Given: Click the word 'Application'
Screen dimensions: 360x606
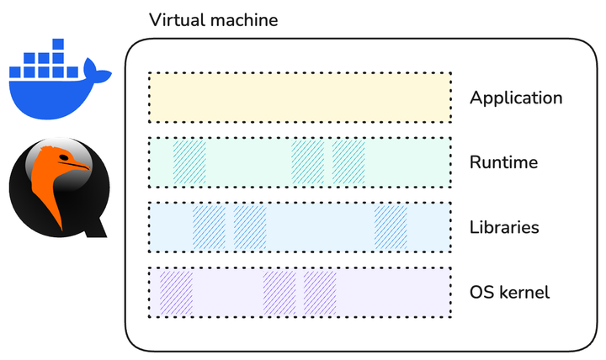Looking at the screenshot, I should click(515, 98).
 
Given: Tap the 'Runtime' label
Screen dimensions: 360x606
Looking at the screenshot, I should click(503, 162).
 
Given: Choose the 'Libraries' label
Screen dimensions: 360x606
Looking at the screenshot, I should click(504, 227).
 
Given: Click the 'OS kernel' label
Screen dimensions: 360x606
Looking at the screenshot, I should click(509, 293).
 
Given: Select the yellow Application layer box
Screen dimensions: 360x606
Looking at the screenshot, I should click(300, 98).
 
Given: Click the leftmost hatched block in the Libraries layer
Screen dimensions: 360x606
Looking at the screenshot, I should click(209, 227).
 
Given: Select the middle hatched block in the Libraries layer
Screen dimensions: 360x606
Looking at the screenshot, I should click(250, 227).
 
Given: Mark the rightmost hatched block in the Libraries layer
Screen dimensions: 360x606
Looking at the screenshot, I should click(391, 227).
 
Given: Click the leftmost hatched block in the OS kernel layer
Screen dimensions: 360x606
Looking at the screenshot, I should click(177, 293).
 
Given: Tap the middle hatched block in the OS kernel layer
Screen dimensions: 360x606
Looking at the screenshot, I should click(279, 293).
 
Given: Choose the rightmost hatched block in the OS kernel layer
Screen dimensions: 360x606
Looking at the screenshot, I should click(320, 293).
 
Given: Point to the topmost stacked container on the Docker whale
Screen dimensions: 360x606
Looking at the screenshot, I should click(57, 45).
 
